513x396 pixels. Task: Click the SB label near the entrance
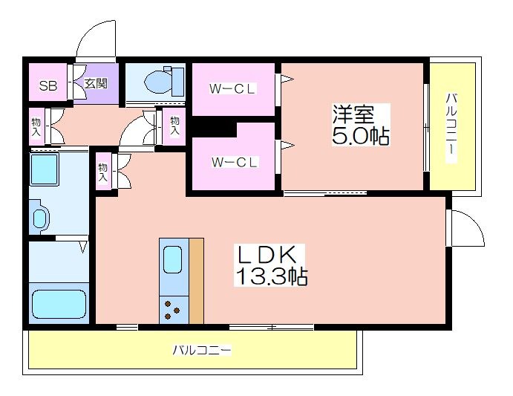tap(48, 86)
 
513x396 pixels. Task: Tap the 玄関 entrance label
tap(96, 83)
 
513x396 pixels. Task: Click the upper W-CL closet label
tap(232, 88)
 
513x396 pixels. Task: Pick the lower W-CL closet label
tap(235, 162)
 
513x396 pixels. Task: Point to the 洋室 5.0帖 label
tap(361, 125)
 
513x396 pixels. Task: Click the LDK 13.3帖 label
tap(271, 265)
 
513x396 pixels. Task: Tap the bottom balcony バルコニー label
tap(201, 350)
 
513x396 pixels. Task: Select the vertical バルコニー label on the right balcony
tap(451, 128)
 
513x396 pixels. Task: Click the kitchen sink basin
tap(172, 260)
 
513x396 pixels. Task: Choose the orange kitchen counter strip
tap(196, 281)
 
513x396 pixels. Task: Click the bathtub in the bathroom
tap(59, 304)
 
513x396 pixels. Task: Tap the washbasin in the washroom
tap(39, 217)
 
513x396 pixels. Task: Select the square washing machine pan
tap(45, 169)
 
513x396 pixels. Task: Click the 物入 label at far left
tap(36, 127)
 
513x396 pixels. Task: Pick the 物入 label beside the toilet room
tap(174, 126)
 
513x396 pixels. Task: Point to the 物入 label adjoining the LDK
tap(102, 172)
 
